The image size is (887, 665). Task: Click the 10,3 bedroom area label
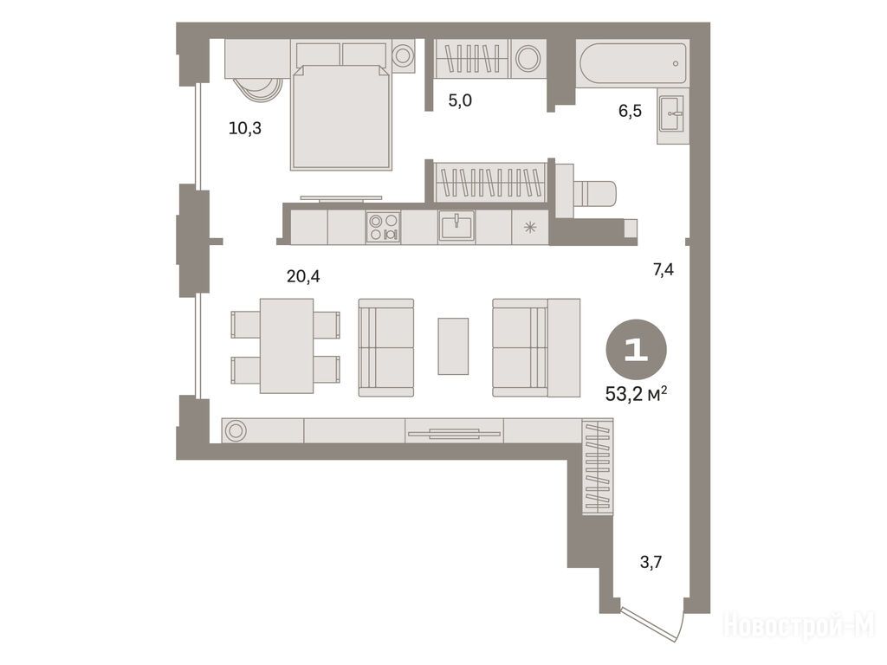pos(245,128)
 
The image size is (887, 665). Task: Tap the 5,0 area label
pos(460,100)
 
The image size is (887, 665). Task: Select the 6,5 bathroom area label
pos(630,111)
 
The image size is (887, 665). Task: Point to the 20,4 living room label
pos(303,276)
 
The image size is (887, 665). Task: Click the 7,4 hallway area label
pos(663,270)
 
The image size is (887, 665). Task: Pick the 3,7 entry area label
pos(651,562)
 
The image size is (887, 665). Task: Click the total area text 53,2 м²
pos(636,394)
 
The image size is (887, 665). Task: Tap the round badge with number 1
pos(637,350)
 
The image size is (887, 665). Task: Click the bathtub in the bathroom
pos(632,63)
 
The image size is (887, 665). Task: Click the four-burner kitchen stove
pos(383,228)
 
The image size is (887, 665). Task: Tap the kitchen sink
pos(456,226)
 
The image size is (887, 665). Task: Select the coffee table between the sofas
pos(453,346)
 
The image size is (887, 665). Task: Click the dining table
pos(287,346)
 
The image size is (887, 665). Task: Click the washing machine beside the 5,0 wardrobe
pos(528,59)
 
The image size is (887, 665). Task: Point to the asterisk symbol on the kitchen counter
pos(530,228)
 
